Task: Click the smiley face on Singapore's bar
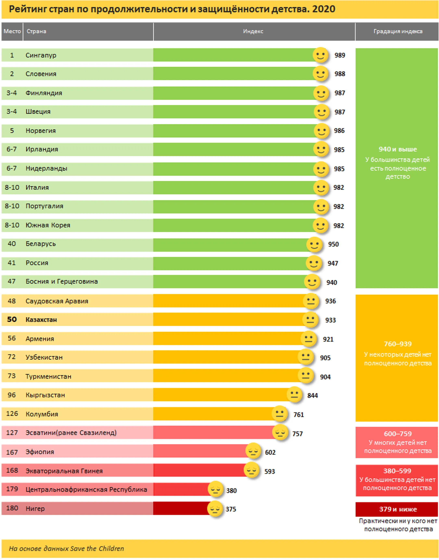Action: [x=321, y=55]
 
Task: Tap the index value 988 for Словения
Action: [x=340, y=74]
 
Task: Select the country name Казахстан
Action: [x=41, y=320]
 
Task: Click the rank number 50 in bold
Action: [x=12, y=319]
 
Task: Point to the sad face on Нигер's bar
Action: [x=215, y=509]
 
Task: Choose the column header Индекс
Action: [x=253, y=31]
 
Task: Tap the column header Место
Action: [x=12, y=31]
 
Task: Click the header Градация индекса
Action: [x=398, y=31]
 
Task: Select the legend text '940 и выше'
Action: [x=398, y=149]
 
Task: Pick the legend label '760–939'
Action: [x=398, y=344]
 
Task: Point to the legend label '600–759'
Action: [x=398, y=434]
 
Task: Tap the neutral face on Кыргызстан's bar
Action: [x=294, y=394]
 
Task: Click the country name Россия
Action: [x=37, y=263]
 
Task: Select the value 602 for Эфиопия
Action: [x=270, y=452]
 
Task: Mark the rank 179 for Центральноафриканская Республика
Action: [x=12, y=489]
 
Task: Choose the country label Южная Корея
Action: [x=48, y=225]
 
